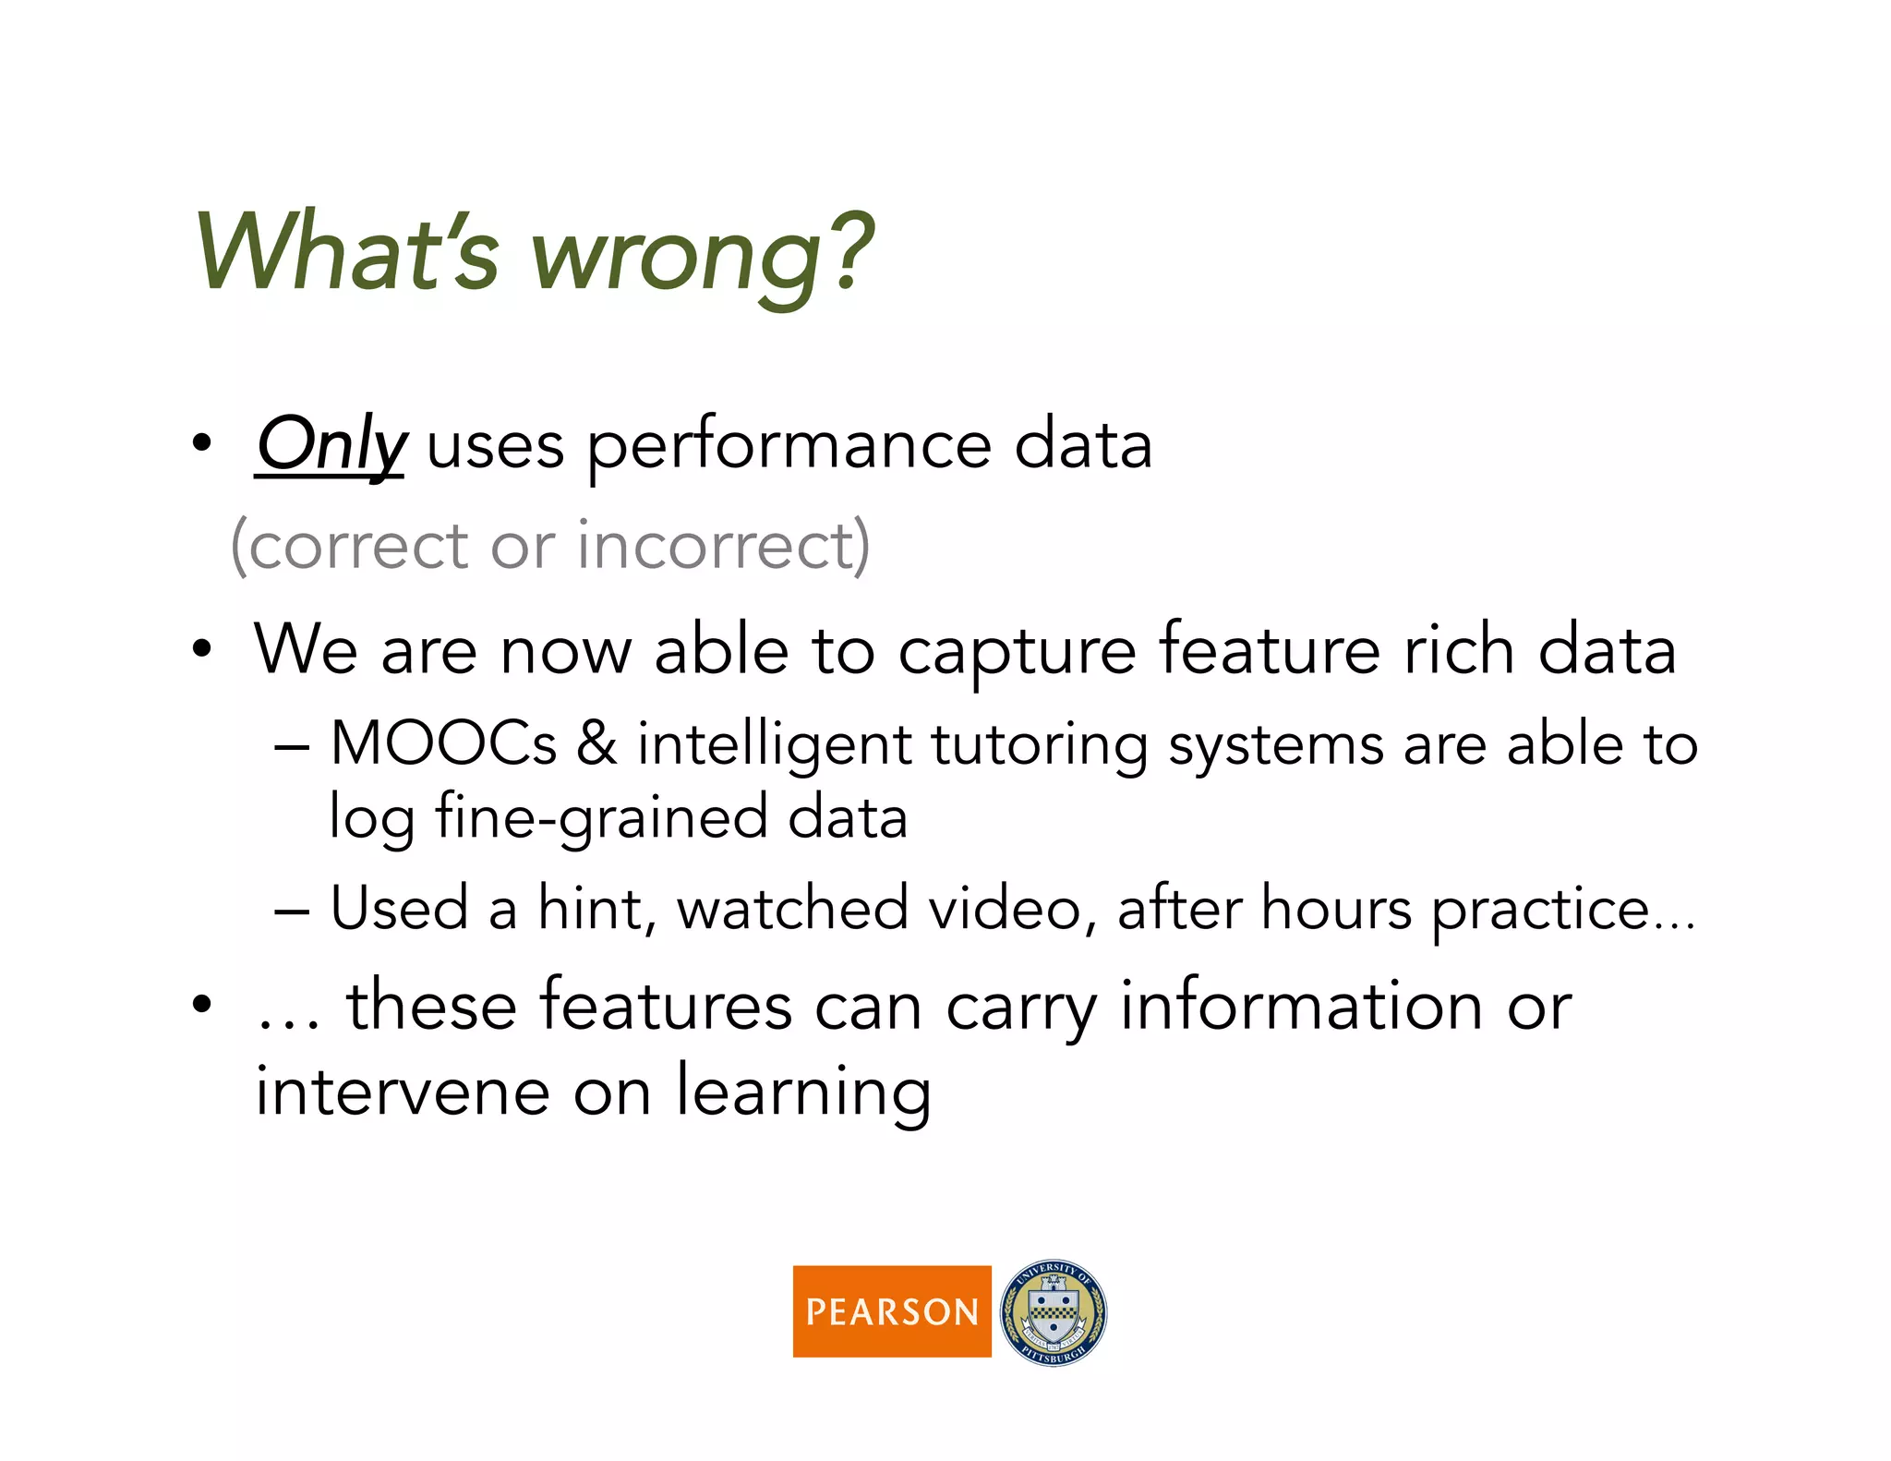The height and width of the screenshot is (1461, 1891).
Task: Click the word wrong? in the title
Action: coord(702,254)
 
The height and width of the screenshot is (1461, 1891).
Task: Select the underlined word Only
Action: coord(331,445)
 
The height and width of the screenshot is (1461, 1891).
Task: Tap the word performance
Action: coord(789,447)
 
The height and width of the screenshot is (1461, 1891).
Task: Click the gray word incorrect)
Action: coord(723,545)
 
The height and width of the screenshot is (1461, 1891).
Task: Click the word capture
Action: coord(1017,652)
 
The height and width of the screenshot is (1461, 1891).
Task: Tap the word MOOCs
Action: coord(443,743)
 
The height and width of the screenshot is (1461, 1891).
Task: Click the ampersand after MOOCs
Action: coord(597,743)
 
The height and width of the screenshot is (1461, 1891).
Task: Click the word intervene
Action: coord(403,1092)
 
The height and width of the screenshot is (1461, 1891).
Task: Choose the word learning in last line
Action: coord(802,1093)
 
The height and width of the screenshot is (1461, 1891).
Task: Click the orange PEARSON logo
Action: coord(891,1310)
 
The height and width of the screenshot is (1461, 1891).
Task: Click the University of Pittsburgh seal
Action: coord(1053,1311)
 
